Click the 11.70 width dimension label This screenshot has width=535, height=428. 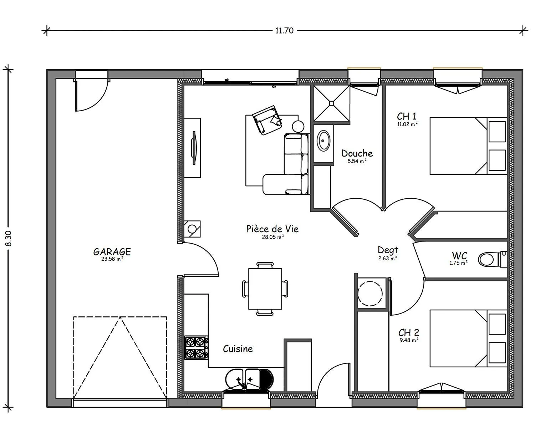pos(284,31)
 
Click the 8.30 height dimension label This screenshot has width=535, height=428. pos(9,239)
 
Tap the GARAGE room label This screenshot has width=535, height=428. pos(112,252)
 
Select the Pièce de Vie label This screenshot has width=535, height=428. pos(272,229)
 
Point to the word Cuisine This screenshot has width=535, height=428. pos(238,349)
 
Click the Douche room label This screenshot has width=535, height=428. pos(357,153)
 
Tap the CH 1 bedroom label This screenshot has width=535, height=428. pos(407,116)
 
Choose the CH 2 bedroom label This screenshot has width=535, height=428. pos(409,332)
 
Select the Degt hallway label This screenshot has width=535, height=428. pos(388,250)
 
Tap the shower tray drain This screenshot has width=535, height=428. pos(331,103)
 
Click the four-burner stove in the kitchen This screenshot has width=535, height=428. pos(196,348)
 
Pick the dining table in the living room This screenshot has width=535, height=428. pos(265,289)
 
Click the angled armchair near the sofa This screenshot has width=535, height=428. pos(267,120)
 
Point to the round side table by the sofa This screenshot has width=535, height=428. pos(298,126)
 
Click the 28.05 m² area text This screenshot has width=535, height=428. pos(273,237)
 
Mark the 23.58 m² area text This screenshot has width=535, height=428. pos(112,259)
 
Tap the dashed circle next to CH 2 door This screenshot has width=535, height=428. pos(370,294)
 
